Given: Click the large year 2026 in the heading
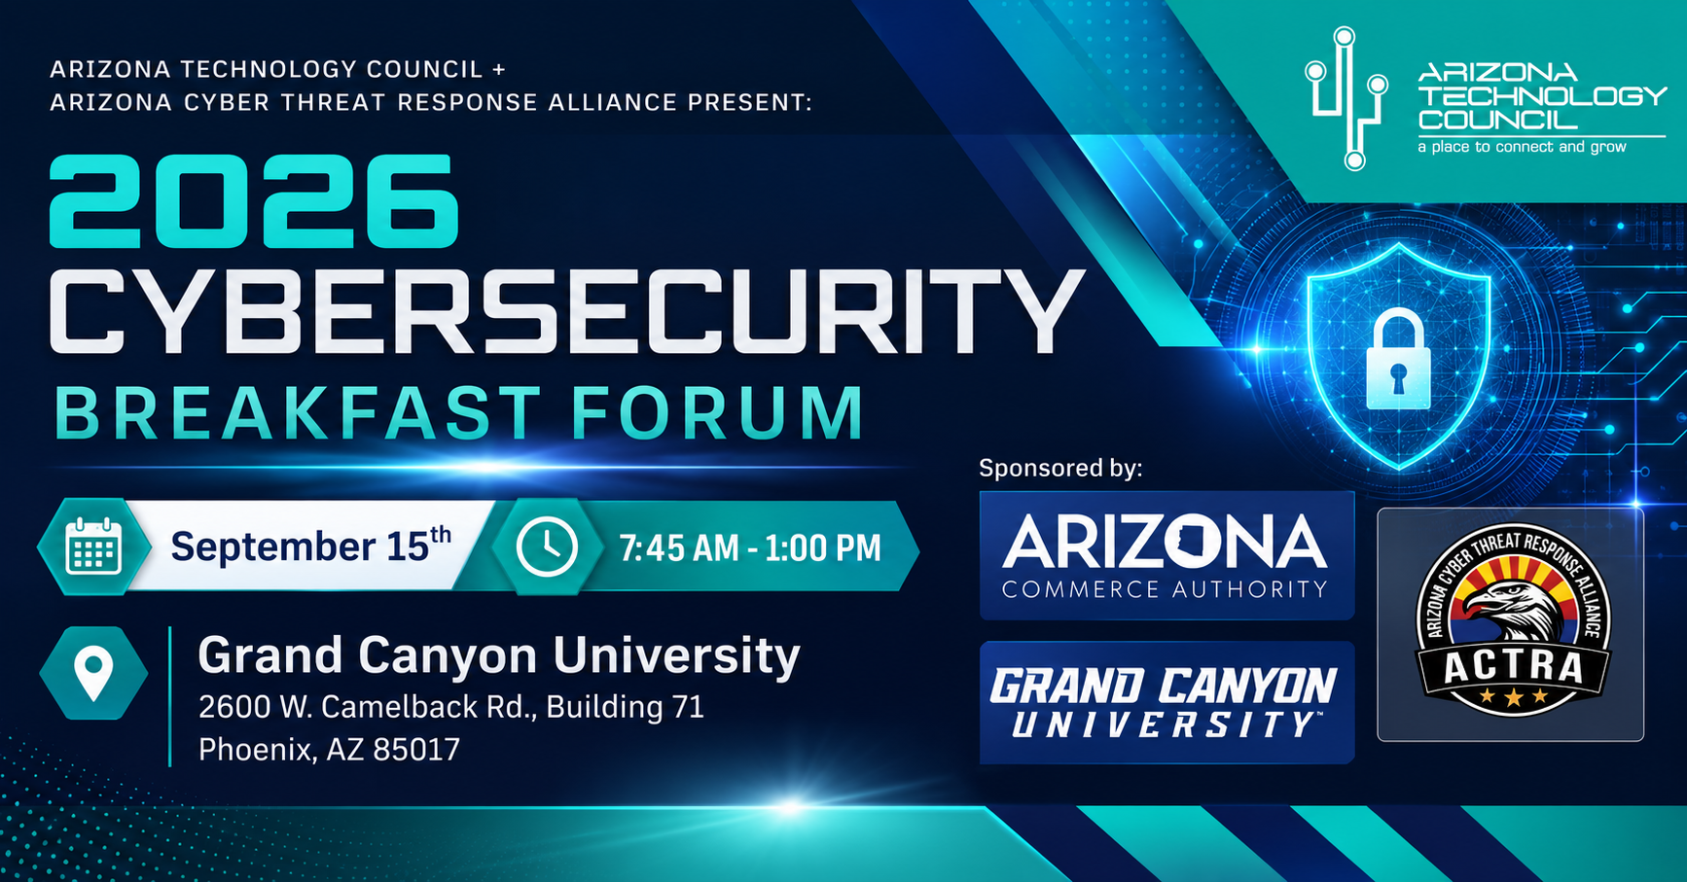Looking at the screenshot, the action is click(x=253, y=201).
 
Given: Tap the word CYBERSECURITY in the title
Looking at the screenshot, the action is click(x=567, y=311).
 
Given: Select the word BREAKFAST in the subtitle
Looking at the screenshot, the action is click(x=297, y=413).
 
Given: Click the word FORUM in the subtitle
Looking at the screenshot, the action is click(x=718, y=413).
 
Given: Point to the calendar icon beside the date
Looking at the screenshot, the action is click(x=93, y=547).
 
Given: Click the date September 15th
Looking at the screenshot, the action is click(x=311, y=546).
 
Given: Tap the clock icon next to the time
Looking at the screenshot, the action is click(x=546, y=547).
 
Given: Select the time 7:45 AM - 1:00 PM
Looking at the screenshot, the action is click(x=750, y=547).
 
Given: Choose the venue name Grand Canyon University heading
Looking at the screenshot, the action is click(x=499, y=655).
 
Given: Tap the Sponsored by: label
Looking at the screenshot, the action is click(x=1060, y=468).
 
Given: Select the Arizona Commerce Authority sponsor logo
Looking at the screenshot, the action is click(x=1167, y=555).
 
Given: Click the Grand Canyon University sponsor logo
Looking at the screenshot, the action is click(x=1167, y=702).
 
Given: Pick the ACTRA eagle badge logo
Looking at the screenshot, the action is click(x=1511, y=624).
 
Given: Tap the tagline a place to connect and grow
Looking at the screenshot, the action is click(x=1522, y=147).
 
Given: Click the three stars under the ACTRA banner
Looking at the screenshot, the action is click(x=1513, y=696).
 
